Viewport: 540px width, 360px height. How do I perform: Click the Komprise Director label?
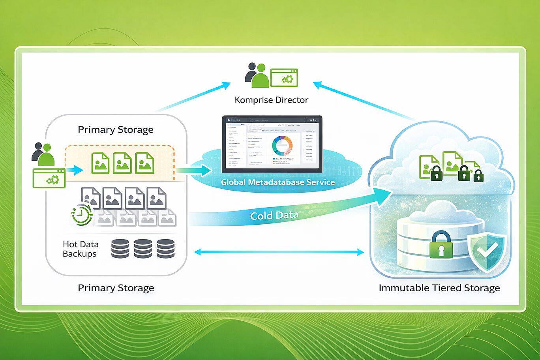point(271,100)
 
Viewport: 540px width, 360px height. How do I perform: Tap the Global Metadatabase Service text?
point(277,182)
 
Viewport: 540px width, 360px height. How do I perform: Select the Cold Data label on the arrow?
point(274,216)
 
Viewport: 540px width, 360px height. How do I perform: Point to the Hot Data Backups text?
point(80,249)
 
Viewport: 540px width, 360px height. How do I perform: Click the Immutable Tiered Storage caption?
point(439,288)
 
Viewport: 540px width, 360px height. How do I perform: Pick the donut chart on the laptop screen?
point(282,146)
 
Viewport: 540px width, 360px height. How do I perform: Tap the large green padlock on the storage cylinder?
point(441,245)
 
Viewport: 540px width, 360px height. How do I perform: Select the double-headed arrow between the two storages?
point(279,252)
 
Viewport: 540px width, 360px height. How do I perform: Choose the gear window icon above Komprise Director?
point(284,78)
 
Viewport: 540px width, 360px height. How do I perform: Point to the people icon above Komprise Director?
point(257,75)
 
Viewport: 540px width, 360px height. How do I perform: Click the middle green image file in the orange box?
point(122,163)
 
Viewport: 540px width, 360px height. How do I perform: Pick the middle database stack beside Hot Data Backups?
point(142,249)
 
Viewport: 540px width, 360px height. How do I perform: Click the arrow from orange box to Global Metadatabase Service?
point(193,171)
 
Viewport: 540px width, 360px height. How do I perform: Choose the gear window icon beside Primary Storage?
point(49,178)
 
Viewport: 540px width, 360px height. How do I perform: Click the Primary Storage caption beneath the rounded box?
point(116,288)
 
